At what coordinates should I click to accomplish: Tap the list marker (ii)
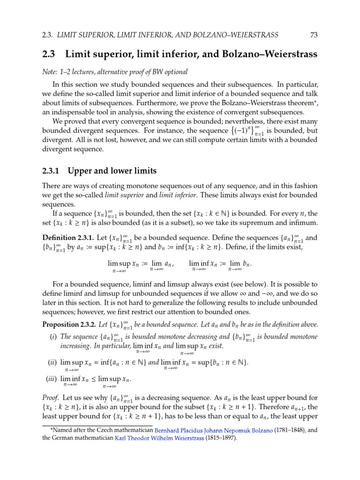pyautogui.click(x=52, y=362)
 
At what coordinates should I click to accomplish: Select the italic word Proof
pyautogui.click(x=50, y=398)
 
